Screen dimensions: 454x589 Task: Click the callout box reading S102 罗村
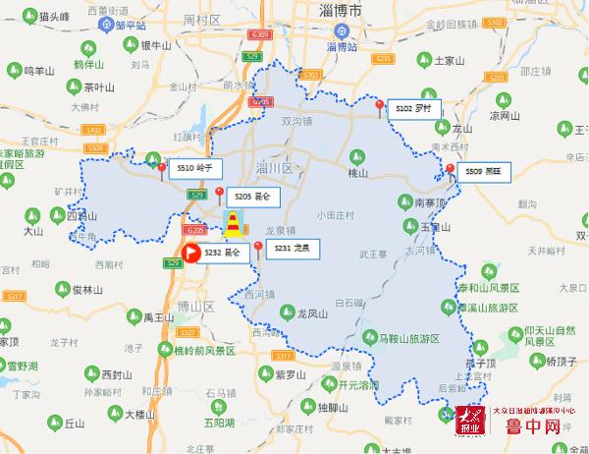413,107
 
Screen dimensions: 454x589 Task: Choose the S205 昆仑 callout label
252,198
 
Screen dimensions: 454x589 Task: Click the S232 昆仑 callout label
222,254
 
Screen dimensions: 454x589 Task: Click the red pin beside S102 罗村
380,106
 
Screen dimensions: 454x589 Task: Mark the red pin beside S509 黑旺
450,170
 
